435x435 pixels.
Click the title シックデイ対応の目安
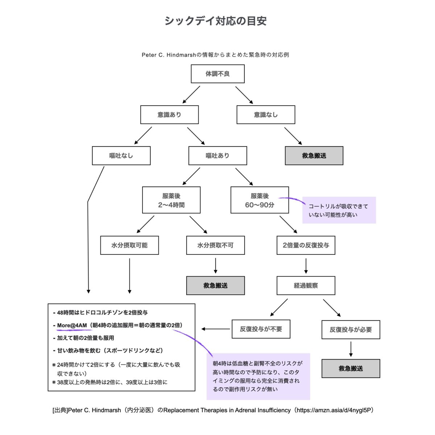click(215, 21)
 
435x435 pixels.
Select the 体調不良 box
click(217, 74)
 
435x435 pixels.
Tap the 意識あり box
click(169, 115)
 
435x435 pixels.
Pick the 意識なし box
click(266, 115)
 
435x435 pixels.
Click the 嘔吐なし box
click(121, 156)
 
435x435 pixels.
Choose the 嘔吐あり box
click(217, 156)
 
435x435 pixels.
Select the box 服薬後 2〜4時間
click(171, 200)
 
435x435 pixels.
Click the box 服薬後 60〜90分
click(260, 200)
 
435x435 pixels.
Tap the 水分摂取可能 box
click(129, 245)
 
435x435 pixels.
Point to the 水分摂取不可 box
click(215, 245)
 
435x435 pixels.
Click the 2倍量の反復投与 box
click(306, 245)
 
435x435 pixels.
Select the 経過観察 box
click(306, 286)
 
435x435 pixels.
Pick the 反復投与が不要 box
click(261, 329)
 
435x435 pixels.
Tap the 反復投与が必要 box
click(351, 330)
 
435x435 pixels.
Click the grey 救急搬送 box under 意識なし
click(314, 156)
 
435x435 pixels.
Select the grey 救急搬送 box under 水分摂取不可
click(215, 286)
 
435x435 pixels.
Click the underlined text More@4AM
click(72, 325)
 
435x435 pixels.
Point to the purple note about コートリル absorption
click(339, 210)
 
